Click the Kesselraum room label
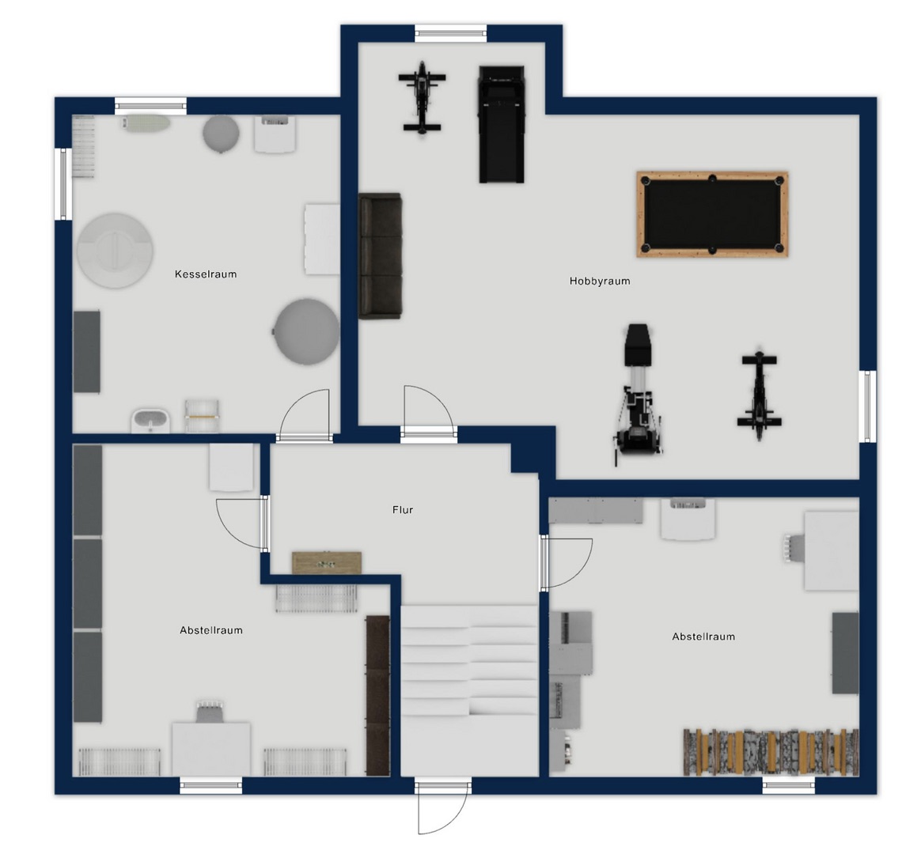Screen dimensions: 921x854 point(206,274)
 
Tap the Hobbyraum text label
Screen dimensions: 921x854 point(600,282)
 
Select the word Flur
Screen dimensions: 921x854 point(403,510)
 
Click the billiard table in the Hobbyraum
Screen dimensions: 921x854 point(712,214)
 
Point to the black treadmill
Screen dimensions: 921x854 point(502,124)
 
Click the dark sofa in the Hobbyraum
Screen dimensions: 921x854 point(381,256)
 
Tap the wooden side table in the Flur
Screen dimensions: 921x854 point(327,562)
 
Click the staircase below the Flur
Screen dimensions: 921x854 point(469,690)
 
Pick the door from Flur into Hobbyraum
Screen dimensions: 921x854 point(428,411)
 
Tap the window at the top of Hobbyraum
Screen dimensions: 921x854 point(451,33)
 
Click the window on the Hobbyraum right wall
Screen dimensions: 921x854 point(868,406)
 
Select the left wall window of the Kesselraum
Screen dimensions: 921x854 point(63,184)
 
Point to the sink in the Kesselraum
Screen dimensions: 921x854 point(150,421)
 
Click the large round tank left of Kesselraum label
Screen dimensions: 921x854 point(116,251)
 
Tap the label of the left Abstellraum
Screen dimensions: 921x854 point(211,630)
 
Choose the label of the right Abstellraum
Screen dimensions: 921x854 point(703,637)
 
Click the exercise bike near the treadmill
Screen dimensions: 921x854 point(422,98)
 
